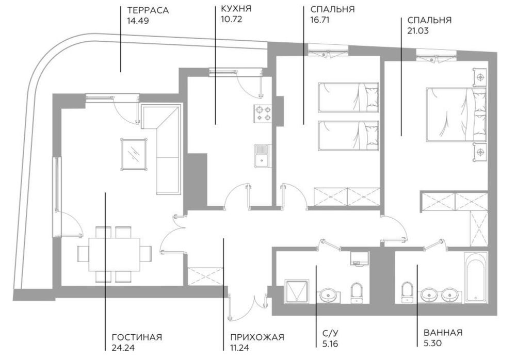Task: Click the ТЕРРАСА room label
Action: coord(148,10)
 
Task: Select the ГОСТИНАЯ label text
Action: coord(137,337)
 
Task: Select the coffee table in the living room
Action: coord(134,153)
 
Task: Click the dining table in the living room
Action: coord(115,254)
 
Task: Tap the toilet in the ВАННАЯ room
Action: coord(407,293)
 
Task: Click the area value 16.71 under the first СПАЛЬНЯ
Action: coord(320,20)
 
